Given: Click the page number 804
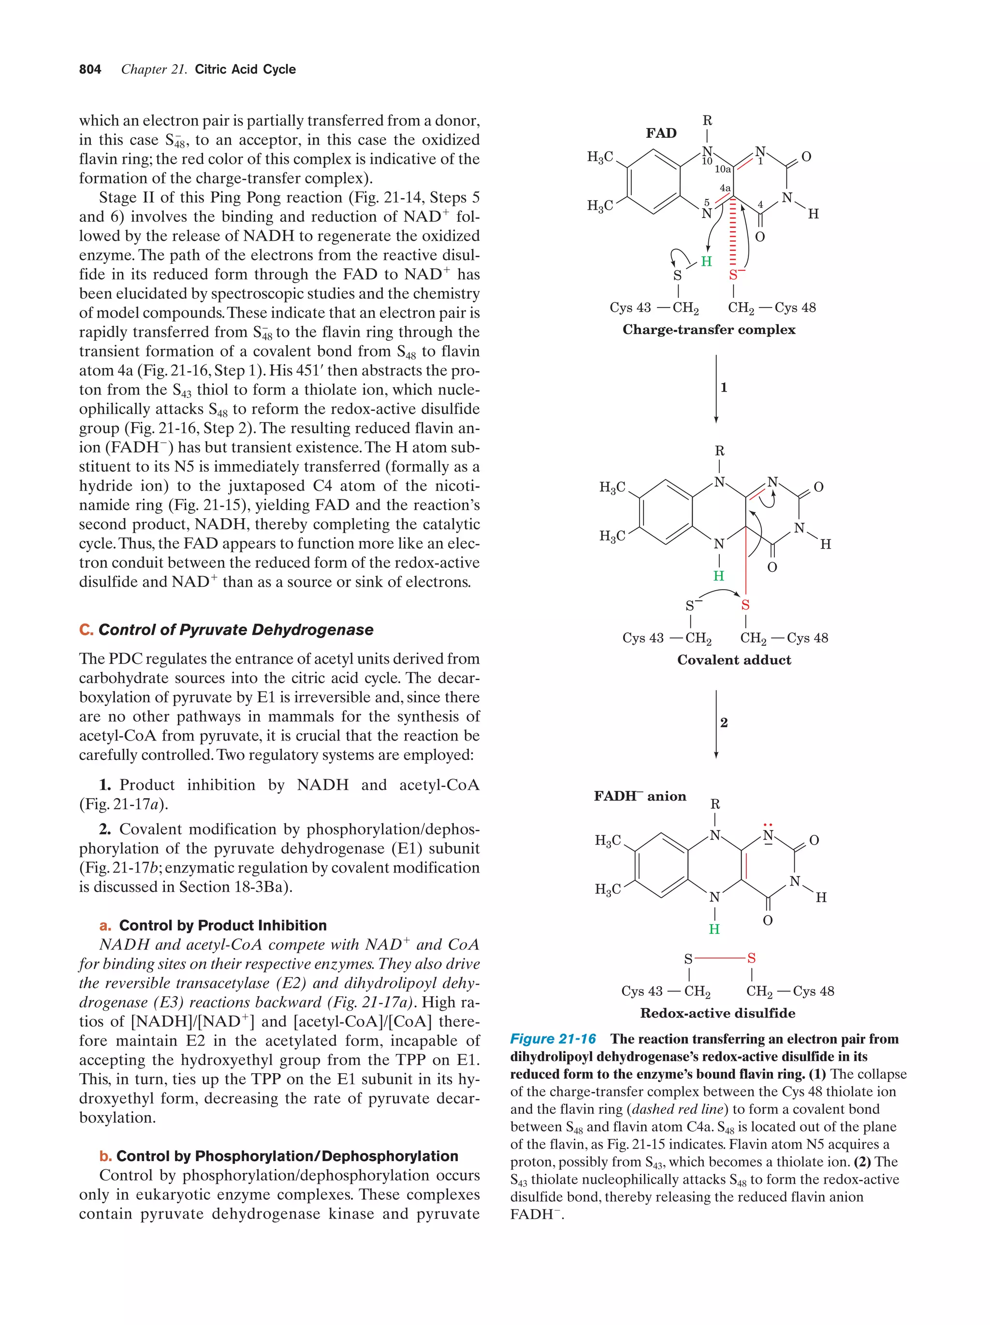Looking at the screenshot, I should click(90, 70).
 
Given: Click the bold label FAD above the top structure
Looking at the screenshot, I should click(661, 133).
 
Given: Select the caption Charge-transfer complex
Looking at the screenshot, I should click(709, 330).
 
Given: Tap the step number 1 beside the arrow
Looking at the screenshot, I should click(724, 388).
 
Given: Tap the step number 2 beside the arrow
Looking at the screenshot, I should click(724, 722).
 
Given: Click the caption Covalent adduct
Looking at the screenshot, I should click(734, 659).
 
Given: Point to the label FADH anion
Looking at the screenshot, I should click(640, 796).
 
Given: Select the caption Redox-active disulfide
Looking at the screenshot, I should click(717, 1013).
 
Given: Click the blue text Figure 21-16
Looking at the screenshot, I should click(553, 1039).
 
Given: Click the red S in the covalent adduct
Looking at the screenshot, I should click(745, 605).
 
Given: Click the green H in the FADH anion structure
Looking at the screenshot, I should click(714, 929).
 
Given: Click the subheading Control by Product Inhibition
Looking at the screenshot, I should click(222, 925).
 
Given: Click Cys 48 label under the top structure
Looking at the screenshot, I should click(795, 308).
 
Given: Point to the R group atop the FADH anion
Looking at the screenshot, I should click(714, 804).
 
